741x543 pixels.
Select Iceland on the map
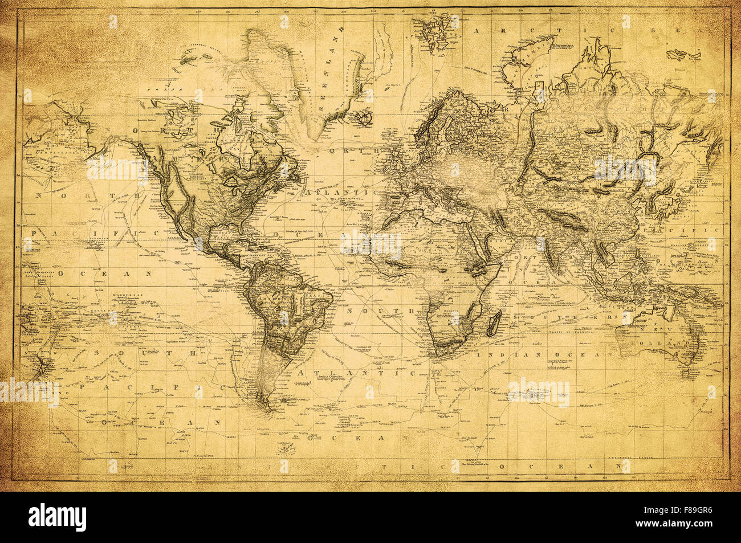[363, 118]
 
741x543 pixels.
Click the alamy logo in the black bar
[57, 517]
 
